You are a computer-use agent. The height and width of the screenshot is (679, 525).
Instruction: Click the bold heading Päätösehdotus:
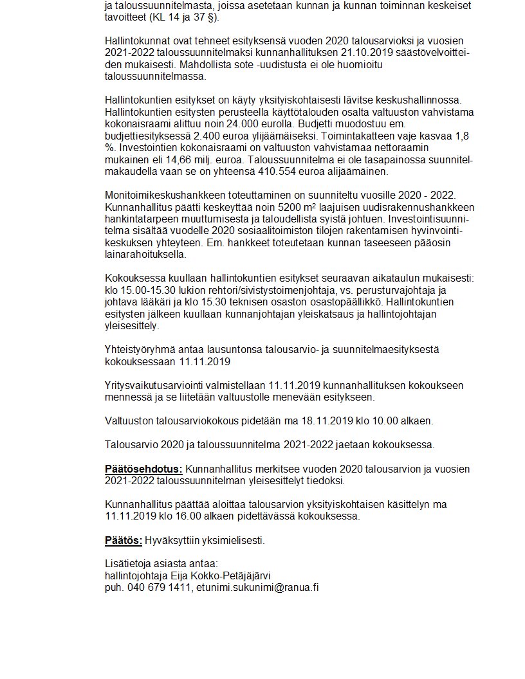pyautogui.click(x=144, y=469)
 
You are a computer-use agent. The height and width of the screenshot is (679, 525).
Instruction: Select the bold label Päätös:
pyautogui.click(x=124, y=540)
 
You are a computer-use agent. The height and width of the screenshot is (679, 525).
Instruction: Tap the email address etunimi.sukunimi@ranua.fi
pyautogui.click(x=257, y=587)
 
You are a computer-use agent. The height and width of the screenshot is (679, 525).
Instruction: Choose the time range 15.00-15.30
pyautogui.click(x=148, y=290)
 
